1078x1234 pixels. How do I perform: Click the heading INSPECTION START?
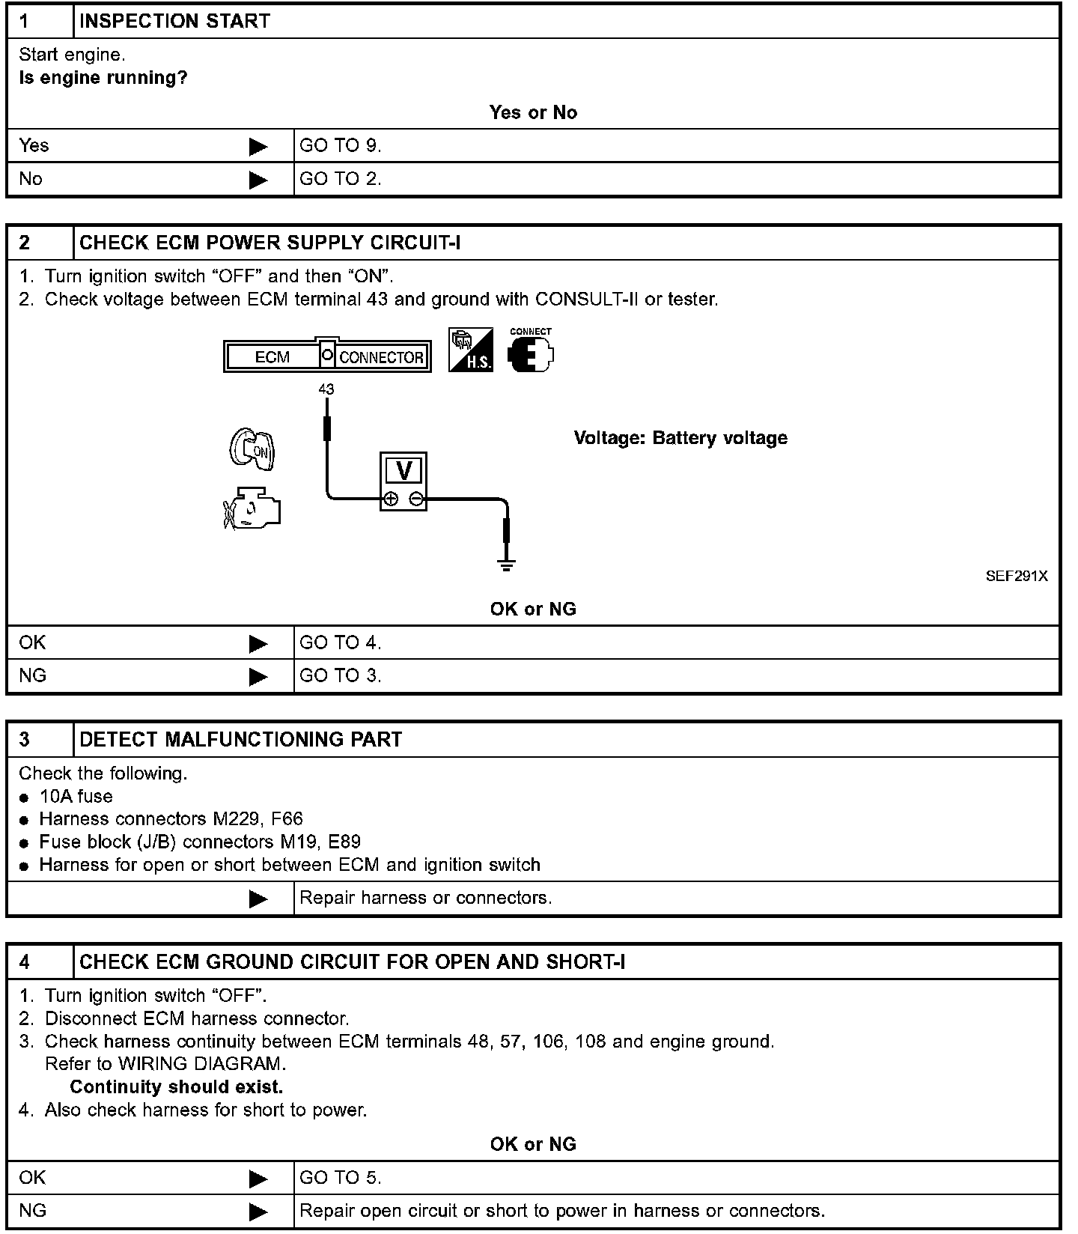coord(174,21)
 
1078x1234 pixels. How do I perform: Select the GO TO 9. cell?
coord(341,146)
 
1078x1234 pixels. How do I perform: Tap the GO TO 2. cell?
coord(341,179)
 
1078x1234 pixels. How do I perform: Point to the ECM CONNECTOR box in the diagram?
coord(327,356)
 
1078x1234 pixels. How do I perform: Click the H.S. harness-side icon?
coord(470,350)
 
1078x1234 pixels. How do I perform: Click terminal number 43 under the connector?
coord(326,389)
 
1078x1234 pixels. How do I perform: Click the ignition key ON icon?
coord(252,449)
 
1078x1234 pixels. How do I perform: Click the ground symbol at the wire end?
coord(507,564)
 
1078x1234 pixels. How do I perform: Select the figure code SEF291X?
coord(1017,577)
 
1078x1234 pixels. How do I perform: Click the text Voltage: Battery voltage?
coord(680,438)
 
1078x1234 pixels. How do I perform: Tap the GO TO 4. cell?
coord(341,643)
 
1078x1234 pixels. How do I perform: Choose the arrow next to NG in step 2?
coord(258,677)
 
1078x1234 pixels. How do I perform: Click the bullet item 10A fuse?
coord(76,797)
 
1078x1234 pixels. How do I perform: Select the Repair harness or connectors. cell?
coord(425,898)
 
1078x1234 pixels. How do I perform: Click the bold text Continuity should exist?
coord(177,1087)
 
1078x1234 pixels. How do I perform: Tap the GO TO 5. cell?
coord(341,1178)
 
